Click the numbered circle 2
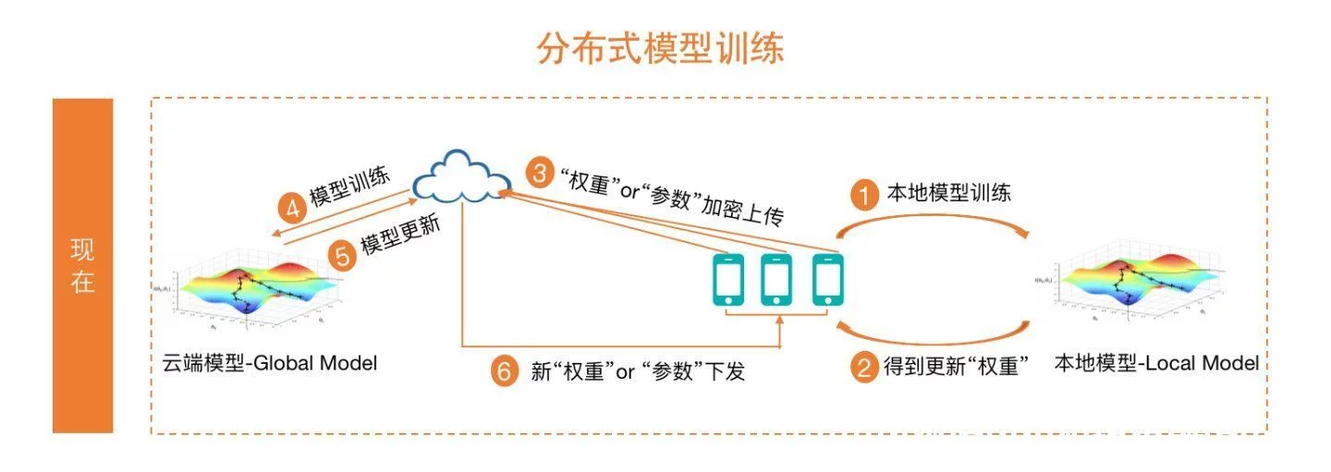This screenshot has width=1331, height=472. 864,369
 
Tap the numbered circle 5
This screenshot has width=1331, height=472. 343,255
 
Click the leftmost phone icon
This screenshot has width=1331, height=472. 727,279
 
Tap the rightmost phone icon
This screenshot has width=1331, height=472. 828,279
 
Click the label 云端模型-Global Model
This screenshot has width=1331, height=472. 269,363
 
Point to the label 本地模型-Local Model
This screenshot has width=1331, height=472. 1156,364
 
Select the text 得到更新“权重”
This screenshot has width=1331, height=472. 956,368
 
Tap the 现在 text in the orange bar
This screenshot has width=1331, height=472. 83,267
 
